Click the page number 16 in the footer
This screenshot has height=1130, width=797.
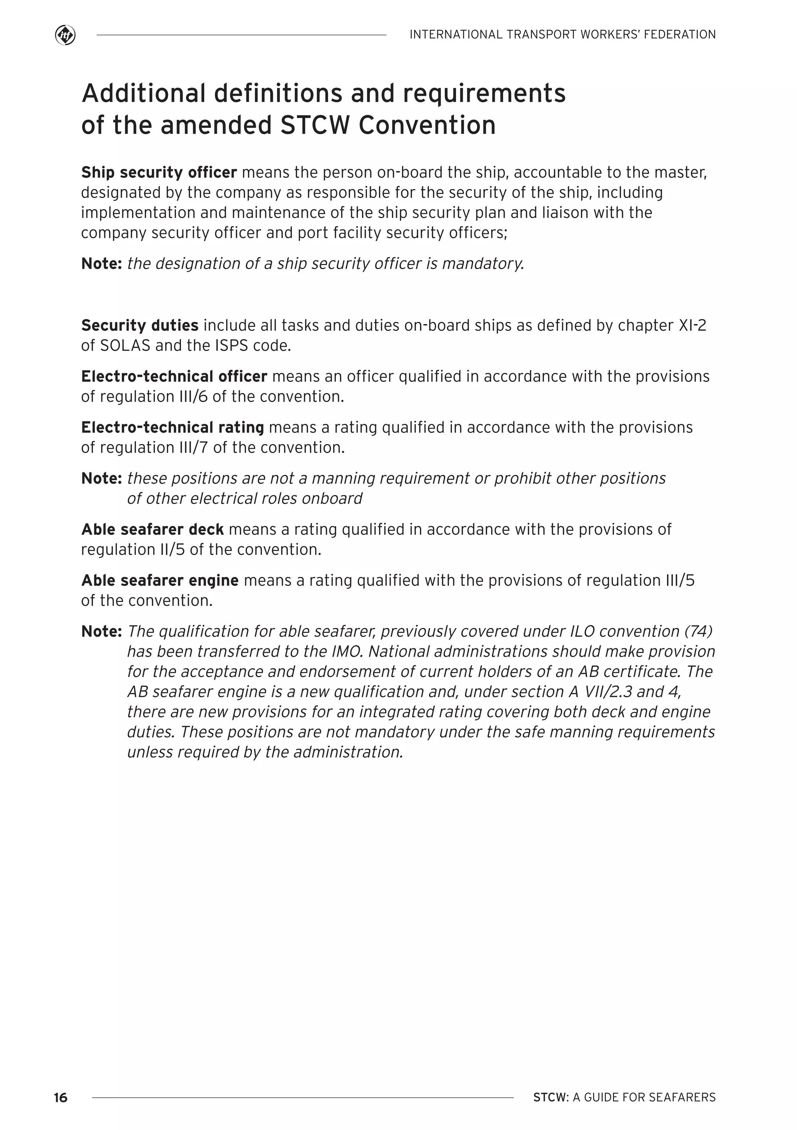[61, 1097]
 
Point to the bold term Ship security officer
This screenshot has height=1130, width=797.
[159, 172]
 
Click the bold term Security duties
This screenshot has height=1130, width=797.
[140, 325]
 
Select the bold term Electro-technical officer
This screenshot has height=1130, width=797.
[174, 376]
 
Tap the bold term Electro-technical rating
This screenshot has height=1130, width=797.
[172, 427]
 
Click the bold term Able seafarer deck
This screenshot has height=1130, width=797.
[152, 530]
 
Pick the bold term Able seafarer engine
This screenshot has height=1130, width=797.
[160, 581]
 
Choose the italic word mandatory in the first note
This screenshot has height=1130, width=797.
[482, 264]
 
